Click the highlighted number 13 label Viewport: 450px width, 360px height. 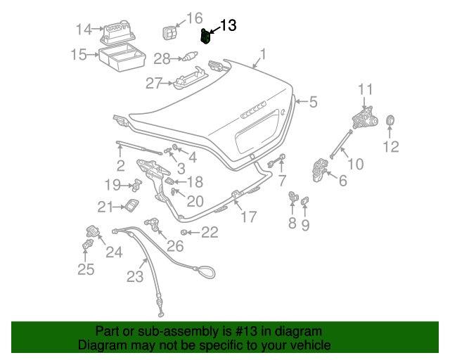coord(229,26)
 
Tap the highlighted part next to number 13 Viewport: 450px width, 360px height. coord(206,37)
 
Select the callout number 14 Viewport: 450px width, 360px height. coord(84,30)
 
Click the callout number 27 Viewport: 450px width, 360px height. coord(154,84)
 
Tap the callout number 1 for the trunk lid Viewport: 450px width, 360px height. coord(263,54)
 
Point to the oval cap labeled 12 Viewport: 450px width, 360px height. coord(390,122)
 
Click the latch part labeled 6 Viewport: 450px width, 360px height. coord(320,171)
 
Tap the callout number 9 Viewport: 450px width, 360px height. coord(305,225)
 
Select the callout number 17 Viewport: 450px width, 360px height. coord(249,217)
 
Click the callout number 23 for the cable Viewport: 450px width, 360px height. coord(135,276)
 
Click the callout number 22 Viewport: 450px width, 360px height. coord(210,232)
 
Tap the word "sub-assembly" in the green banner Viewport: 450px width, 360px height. coord(158,331)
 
